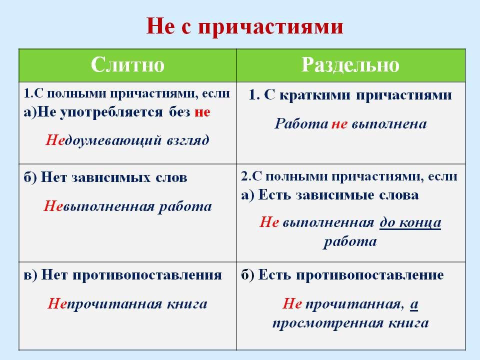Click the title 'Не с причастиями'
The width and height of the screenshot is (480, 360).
click(244, 26)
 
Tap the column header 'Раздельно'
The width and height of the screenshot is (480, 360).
click(350, 65)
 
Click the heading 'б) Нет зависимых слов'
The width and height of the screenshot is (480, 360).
click(105, 177)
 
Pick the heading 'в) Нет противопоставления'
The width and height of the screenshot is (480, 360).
click(122, 274)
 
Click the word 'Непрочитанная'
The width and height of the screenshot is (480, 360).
click(93, 303)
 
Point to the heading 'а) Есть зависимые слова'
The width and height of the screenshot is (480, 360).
click(330, 195)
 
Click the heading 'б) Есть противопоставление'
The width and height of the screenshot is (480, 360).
click(342, 274)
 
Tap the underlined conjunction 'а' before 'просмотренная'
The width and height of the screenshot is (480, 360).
click(414, 303)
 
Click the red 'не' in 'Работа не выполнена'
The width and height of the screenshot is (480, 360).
click(339, 123)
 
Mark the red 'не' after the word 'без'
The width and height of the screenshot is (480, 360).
click(202, 112)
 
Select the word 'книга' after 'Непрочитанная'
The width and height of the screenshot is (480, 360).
click(189, 303)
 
